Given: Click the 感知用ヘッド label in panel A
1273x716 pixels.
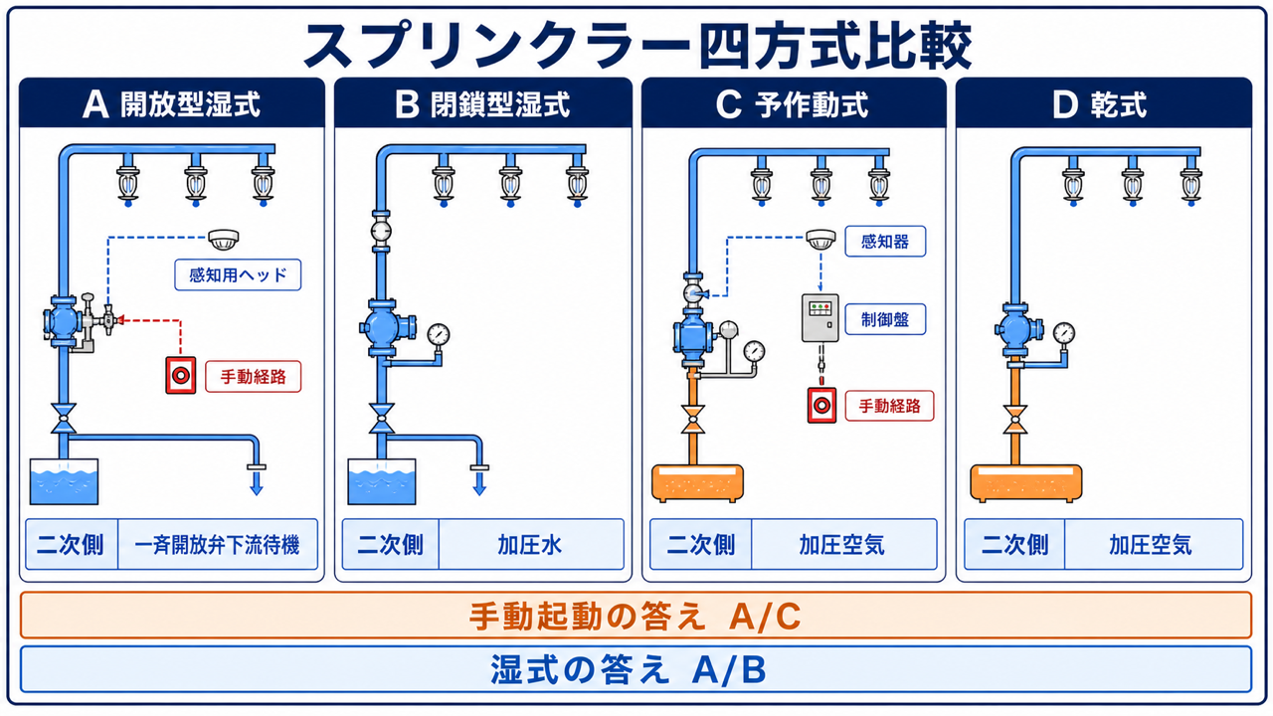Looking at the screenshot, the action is click(238, 275).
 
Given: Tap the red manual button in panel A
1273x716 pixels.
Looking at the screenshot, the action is click(181, 375).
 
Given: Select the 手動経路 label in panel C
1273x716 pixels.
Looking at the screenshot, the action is click(889, 406).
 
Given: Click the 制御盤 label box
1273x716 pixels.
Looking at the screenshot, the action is click(885, 319).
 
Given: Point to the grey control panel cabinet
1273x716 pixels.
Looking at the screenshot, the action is click(820, 317).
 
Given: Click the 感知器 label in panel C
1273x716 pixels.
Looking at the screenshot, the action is click(885, 242).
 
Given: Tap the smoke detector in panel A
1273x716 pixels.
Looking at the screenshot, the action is click(224, 240).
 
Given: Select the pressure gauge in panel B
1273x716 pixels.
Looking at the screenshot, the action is click(439, 335).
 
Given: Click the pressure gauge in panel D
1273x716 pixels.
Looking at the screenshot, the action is click(1064, 333).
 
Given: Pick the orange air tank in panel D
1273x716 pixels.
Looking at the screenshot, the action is click(1025, 483).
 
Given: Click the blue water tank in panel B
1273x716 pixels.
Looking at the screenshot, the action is click(381, 482).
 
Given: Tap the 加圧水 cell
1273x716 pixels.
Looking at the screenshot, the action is click(531, 544).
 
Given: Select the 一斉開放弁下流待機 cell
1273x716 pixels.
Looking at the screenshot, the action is click(217, 544).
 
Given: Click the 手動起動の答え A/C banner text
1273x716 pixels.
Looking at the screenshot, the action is click(636, 616).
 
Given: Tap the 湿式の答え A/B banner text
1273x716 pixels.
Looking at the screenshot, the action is click(629, 669).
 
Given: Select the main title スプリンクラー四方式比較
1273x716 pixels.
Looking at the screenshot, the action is click(637, 45).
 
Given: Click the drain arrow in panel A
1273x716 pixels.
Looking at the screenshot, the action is click(257, 482).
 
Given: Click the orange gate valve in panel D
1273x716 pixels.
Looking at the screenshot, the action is click(1015, 420).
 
